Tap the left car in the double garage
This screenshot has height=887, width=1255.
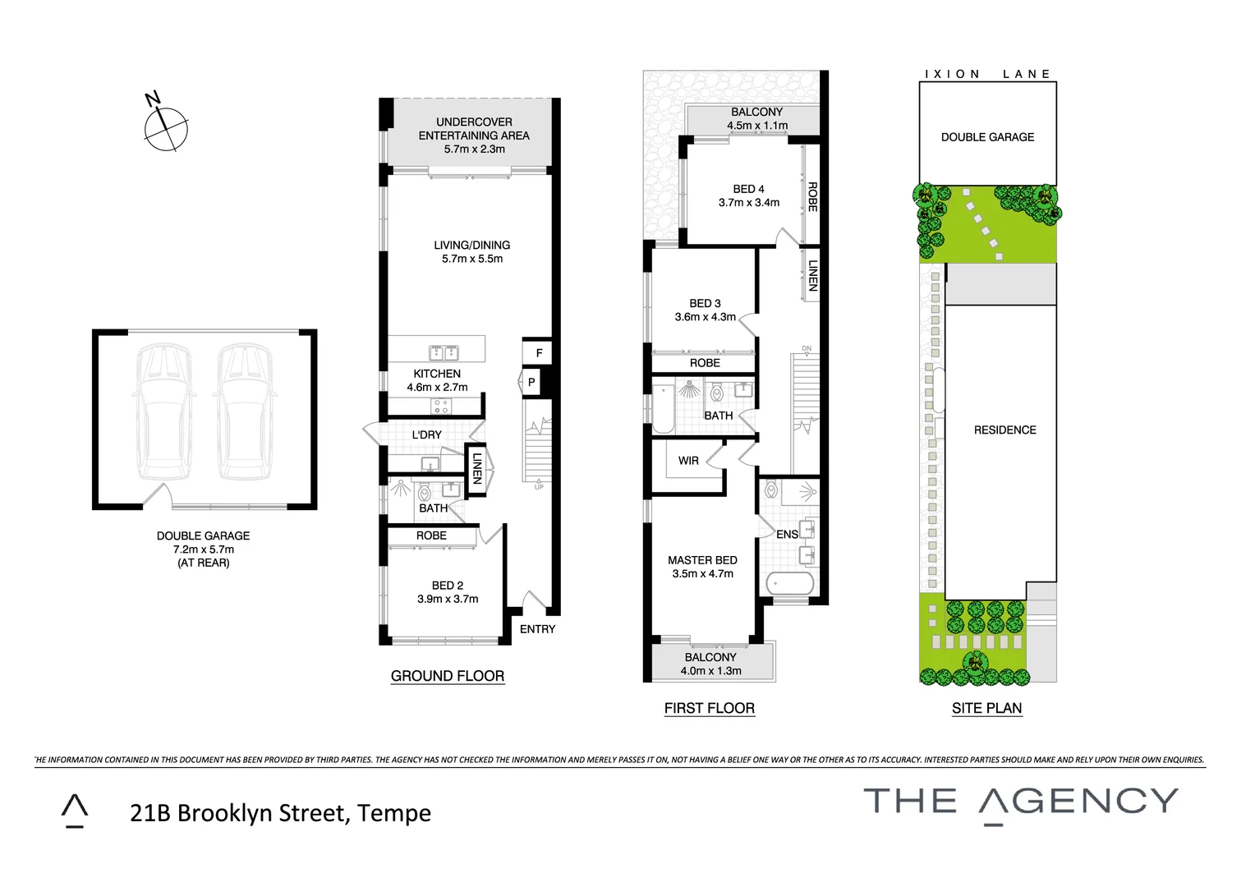[x=164, y=411]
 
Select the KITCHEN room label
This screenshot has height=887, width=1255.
[x=437, y=374]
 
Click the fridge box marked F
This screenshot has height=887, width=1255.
[x=539, y=353]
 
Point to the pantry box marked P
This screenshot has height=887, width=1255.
[x=531, y=382]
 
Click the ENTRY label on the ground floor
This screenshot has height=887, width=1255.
[x=537, y=629]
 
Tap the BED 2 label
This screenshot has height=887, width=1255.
[x=448, y=586]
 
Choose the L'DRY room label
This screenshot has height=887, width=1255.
[x=427, y=434]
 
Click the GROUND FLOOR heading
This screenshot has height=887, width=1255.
[x=448, y=676]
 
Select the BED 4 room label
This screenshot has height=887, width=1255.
[x=748, y=189]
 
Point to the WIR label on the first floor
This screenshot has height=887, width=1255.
[x=688, y=461]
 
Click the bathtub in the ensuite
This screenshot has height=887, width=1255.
[x=789, y=584]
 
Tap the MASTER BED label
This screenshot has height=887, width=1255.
[x=702, y=560]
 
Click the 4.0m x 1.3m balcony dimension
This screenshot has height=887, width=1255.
[x=710, y=671]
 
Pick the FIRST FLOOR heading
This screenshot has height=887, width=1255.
[x=710, y=708]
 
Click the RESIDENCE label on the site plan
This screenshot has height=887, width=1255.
[x=1004, y=430]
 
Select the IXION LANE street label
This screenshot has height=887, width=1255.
[x=987, y=74]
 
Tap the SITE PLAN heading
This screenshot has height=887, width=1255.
[x=986, y=708]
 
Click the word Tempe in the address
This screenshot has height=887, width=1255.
[x=394, y=813]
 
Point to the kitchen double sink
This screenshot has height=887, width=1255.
[x=444, y=353]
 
